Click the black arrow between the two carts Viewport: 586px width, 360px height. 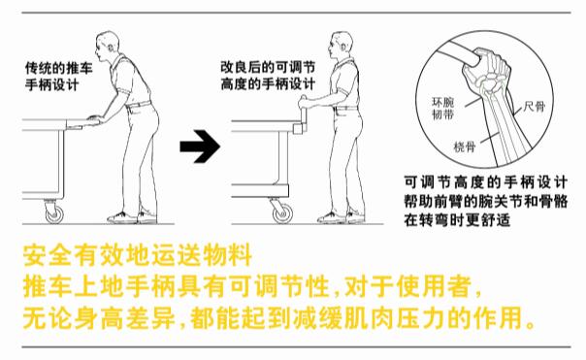pyautogui.click(x=200, y=147)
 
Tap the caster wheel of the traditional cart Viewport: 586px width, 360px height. pyautogui.click(x=54, y=214)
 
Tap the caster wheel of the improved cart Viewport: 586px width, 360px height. pyautogui.click(x=282, y=213)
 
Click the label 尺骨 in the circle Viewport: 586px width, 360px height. pyautogui.click(x=534, y=107)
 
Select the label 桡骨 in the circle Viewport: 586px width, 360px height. pyautogui.click(x=465, y=147)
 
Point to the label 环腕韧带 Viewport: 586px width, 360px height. pyautogui.click(x=442, y=108)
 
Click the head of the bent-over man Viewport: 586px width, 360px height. pyautogui.click(x=105, y=46)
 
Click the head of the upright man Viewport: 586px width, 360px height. pyautogui.click(x=341, y=45)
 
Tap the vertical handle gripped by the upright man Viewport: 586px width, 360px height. pyautogui.click(x=303, y=112)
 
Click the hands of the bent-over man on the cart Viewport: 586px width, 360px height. pyautogui.click(x=95, y=118)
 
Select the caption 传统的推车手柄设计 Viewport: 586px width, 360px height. pyautogui.click(x=58, y=77)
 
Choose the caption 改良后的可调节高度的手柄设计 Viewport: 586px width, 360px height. pyautogui.click(x=268, y=76)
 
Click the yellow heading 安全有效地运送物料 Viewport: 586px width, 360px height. pyautogui.click(x=138, y=255)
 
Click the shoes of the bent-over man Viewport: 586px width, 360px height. pyautogui.click(x=132, y=217)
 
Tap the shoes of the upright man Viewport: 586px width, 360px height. pyautogui.click(x=342, y=217)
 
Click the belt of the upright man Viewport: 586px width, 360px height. pyautogui.click(x=346, y=108)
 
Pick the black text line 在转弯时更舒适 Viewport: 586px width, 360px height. pyautogui.click(x=457, y=219)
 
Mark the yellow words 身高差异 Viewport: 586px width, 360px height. pyautogui.click(x=124, y=318)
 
